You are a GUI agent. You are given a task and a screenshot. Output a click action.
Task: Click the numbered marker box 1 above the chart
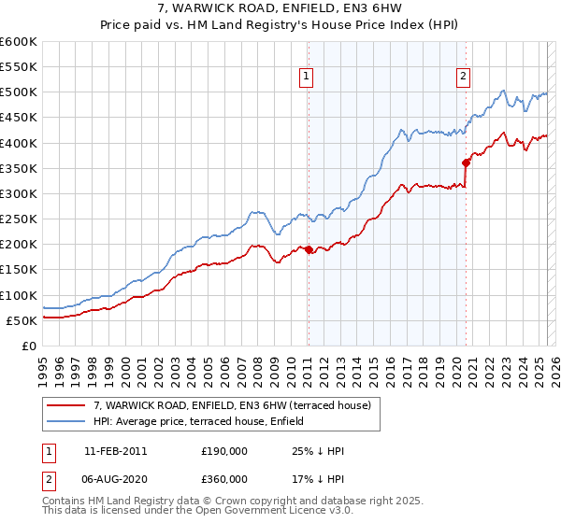(307, 78)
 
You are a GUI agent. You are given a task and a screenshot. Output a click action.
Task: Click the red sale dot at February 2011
(309, 249)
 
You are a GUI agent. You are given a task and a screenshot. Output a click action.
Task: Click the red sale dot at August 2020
(466, 163)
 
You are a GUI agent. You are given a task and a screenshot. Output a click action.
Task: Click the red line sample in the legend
(67, 404)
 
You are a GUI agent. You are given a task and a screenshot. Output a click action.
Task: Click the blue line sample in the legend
(67, 420)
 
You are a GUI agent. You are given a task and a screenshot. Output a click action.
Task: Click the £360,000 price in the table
(223, 478)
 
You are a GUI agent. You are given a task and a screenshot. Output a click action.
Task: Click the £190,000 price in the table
(223, 451)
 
